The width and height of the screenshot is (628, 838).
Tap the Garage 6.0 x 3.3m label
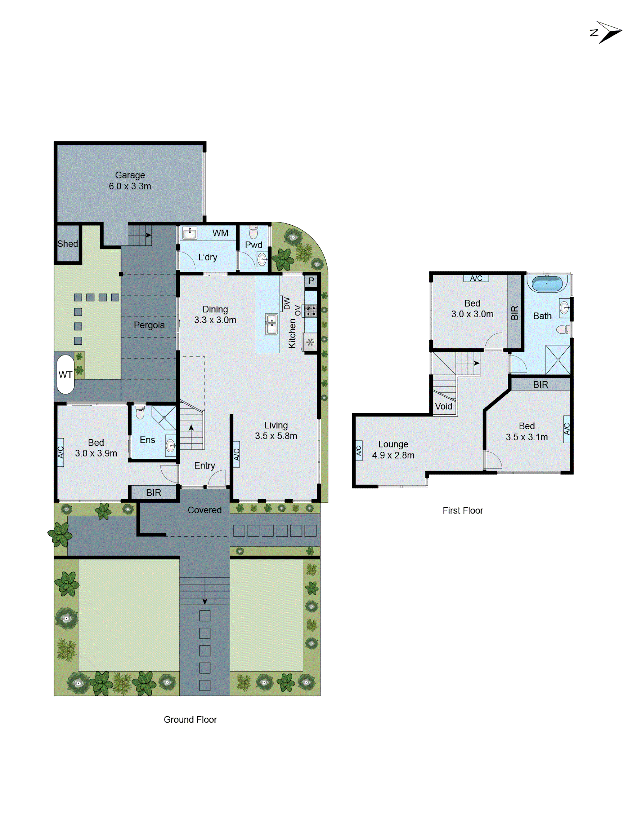130,181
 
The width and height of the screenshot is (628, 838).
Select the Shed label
67,244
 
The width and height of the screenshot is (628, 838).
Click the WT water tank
65,374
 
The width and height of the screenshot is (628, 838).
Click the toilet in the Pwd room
253,232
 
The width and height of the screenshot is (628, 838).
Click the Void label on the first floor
443,406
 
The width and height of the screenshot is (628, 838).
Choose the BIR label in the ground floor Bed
153,493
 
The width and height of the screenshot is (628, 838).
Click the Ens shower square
164,417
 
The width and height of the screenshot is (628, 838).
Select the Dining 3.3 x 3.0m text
215,314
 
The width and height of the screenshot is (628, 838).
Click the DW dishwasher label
287,303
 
